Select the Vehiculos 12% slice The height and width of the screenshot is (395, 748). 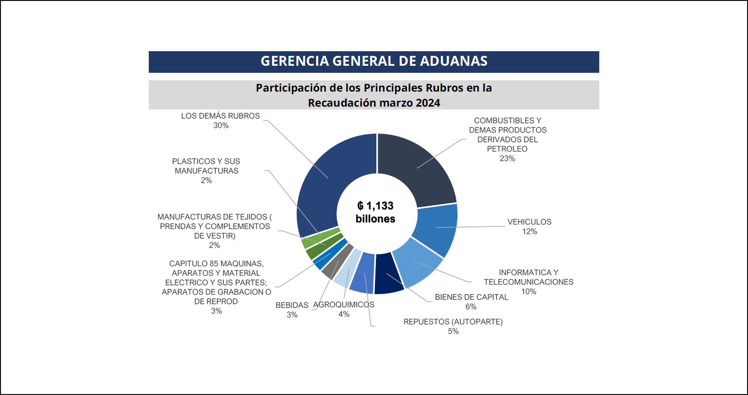click(436, 228)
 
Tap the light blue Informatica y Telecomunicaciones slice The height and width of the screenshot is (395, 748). click(417, 263)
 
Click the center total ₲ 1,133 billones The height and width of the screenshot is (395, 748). click(375, 212)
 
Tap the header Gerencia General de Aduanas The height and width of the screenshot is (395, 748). click(374, 62)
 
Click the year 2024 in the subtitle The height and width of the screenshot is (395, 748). click(427, 103)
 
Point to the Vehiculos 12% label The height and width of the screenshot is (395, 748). click(529, 226)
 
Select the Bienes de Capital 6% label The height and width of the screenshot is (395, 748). click(471, 302)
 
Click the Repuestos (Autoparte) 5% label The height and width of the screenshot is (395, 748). click(453, 326)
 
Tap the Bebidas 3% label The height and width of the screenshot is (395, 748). click(292, 310)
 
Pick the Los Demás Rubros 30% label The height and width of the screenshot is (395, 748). click(221, 120)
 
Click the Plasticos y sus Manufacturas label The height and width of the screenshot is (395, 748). click(206, 170)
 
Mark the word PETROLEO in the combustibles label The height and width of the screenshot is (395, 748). click(507, 149)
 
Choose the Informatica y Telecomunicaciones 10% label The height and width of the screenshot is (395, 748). click(528, 282)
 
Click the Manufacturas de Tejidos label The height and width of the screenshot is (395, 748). click(214, 231)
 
